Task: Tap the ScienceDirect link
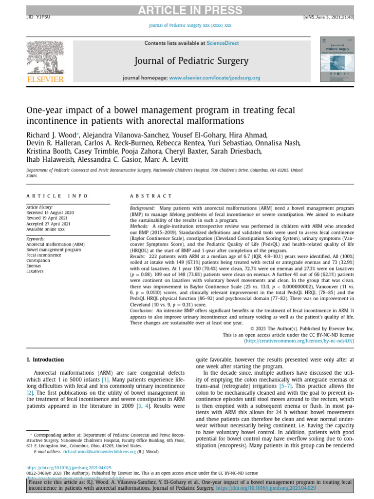(x=223, y=43)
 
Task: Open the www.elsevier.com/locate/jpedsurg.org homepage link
(x=215, y=78)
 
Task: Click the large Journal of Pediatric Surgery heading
(x=191, y=61)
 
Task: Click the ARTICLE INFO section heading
(x=57, y=196)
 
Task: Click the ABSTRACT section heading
(x=151, y=196)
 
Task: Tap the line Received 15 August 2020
(x=50, y=213)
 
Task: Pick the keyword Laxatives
(x=35, y=271)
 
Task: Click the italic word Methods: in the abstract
(x=140, y=226)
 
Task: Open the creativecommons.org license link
(x=299, y=342)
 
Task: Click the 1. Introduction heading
(x=45, y=360)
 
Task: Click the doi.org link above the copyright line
(x=69, y=467)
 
